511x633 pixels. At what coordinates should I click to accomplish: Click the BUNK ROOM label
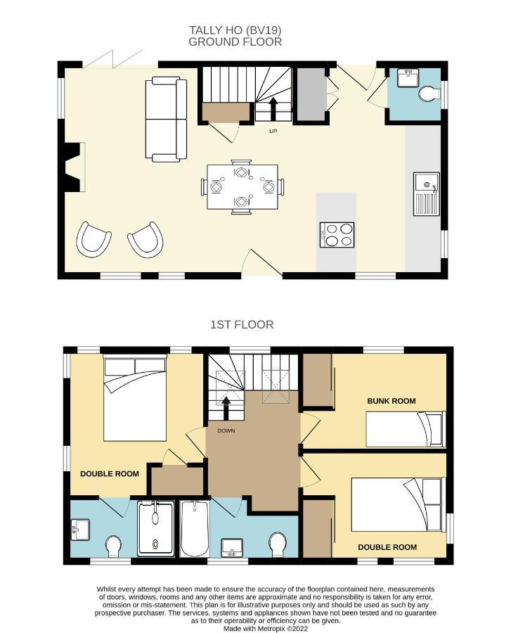391,401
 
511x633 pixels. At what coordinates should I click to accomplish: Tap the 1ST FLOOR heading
242,324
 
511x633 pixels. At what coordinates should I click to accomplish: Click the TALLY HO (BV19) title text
235,30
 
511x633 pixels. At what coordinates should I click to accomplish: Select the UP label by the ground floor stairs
273,132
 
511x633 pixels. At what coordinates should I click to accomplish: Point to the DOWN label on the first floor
226,430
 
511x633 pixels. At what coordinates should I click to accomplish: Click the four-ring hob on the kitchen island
337,235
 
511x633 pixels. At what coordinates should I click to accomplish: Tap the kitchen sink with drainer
426,194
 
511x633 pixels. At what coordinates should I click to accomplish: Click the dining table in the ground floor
242,187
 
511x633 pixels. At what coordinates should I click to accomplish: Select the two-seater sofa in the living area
166,120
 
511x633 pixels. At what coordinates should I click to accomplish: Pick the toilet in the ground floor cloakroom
429,94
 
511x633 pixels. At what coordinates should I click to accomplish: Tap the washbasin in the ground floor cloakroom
408,78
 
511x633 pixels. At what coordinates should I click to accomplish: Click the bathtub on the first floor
195,528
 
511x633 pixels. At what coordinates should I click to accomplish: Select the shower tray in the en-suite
155,528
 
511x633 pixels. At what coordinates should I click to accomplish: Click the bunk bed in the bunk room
406,429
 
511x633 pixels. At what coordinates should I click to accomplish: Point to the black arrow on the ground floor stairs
273,108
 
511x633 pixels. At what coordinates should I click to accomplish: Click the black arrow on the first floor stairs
226,409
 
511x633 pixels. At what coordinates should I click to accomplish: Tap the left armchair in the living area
93,240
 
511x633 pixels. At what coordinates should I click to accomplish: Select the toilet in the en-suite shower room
114,546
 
